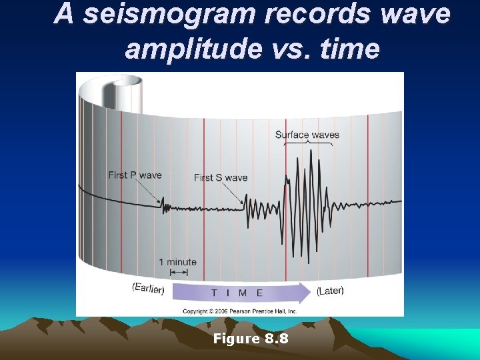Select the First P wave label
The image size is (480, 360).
pyautogui.click(x=135, y=175)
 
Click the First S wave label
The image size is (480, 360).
pyautogui.click(x=221, y=177)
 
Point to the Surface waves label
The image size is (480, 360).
pyautogui.click(x=307, y=135)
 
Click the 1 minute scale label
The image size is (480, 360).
pyautogui.click(x=178, y=261)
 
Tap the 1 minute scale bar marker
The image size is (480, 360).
pyautogui.click(x=178, y=272)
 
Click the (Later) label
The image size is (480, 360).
pyautogui.click(x=330, y=291)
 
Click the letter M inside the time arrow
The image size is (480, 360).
pyautogui.click(x=242, y=293)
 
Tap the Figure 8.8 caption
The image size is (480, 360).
pyautogui.click(x=251, y=339)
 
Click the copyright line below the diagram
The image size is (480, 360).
pyautogui.click(x=240, y=311)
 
